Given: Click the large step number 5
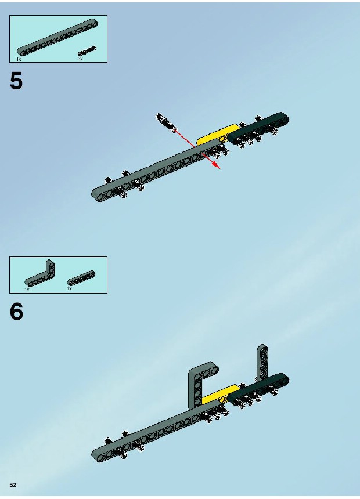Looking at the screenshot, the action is [x=16, y=81].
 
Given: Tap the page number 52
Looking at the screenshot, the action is [x=13, y=485].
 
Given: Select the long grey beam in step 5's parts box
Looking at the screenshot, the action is [x=57, y=38].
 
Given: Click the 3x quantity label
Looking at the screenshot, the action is [x=80, y=59].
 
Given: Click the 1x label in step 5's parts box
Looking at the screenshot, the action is [x=19, y=59].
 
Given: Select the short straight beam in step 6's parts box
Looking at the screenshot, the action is [x=81, y=278].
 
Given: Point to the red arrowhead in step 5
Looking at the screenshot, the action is [x=217, y=165].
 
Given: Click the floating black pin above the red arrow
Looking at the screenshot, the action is [x=165, y=121].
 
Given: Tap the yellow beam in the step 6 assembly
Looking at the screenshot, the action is [x=221, y=395].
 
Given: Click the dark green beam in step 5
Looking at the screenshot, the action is [x=258, y=128].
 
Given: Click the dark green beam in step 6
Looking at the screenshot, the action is [x=258, y=389].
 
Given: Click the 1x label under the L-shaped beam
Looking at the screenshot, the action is [x=27, y=290].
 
